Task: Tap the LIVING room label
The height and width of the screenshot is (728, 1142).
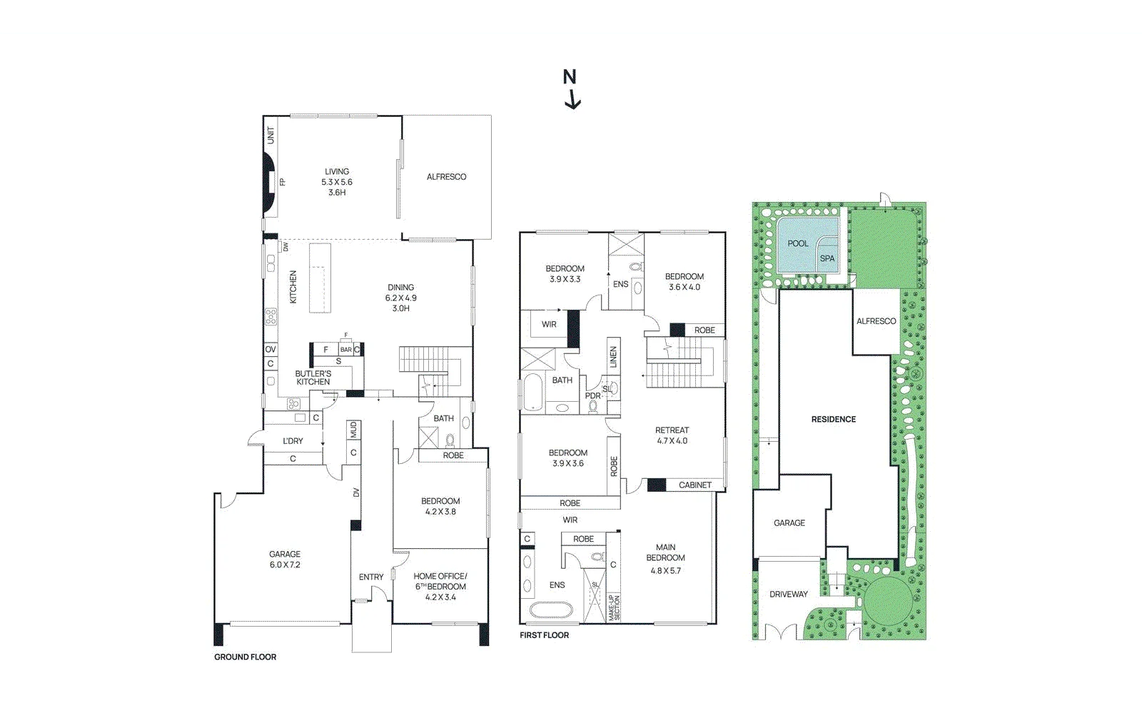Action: click(x=337, y=172)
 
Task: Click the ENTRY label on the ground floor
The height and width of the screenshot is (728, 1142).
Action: click(x=371, y=577)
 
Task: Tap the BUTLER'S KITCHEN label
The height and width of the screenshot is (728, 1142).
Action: click(x=313, y=378)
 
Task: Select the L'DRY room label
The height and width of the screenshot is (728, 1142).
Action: click(x=293, y=441)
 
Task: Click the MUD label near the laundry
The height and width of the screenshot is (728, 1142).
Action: click(x=353, y=430)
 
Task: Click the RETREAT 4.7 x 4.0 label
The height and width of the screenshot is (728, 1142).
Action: click(x=672, y=435)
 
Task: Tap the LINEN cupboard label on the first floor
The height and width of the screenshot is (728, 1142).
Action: click(x=613, y=358)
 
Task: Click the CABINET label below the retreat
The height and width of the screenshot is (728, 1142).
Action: click(x=694, y=485)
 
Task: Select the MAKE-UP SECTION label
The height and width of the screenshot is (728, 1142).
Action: click(x=614, y=607)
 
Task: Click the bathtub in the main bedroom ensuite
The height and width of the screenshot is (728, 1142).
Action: click(x=550, y=611)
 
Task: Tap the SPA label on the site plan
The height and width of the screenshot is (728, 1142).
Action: click(x=827, y=258)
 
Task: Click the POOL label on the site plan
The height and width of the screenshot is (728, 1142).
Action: click(x=797, y=243)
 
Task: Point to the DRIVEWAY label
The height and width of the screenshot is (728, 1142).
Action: click(x=789, y=594)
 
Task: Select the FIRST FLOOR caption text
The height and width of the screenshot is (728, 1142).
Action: click(x=544, y=635)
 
